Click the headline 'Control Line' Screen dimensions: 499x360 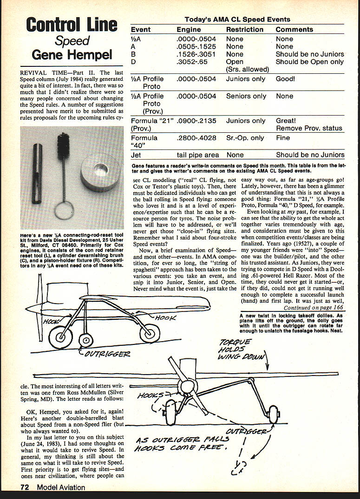[72, 25]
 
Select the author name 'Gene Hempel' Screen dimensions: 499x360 [72, 56]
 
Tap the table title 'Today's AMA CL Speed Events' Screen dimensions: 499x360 [237, 19]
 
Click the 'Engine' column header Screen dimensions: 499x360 [189, 29]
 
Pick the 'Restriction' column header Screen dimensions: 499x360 [245, 29]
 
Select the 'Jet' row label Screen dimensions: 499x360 [136, 155]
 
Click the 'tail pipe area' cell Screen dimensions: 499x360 [198, 155]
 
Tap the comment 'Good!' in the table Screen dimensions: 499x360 [285, 79]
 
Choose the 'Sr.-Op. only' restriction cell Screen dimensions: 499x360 [246, 138]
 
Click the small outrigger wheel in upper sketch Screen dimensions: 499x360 [85, 340]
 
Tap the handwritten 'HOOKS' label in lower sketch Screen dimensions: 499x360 [151, 395]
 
